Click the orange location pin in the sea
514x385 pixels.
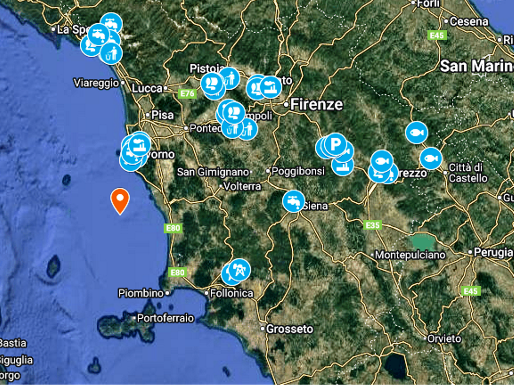click(x=120, y=200)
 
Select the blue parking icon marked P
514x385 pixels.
click(x=335, y=144)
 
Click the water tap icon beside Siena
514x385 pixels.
click(x=294, y=201)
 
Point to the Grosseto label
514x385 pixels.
click(x=289, y=329)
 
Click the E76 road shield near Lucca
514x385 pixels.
click(x=187, y=93)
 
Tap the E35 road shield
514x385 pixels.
click(x=372, y=225)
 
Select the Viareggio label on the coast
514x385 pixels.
click(x=96, y=83)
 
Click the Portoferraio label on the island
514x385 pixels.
click(x=165, y=318)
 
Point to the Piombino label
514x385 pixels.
click(x=141, y=293)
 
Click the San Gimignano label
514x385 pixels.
click(x=213, y=172)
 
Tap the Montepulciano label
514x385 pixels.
click(x=410, y=255)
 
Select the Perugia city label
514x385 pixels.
click(x=493, y=252)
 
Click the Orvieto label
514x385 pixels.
click(x=444, y=339)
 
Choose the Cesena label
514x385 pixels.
click(x=469, y=22)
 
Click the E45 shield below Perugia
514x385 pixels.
click(x=470, y=291)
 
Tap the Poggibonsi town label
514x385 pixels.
click(x=298, y=171)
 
